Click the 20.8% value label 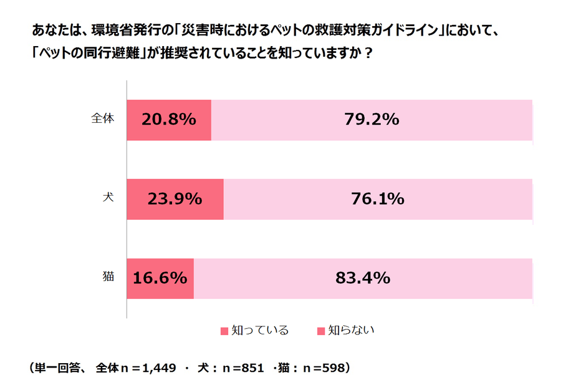tap(169, 120)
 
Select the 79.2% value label tap(372, 120)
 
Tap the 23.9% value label tap(175, 199)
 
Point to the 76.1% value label tap(378, 199)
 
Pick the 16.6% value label tap(160, 278)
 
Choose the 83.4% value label tap(363, 278)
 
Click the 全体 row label tap(103, 118)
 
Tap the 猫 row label tap(108, 277)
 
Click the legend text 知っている tap(260, 330)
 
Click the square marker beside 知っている tap(224, 331)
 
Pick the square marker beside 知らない tap(321, 331)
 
